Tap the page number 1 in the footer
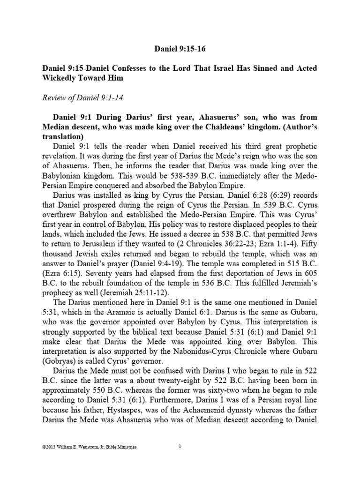pyautogui.click(x=180, y=447)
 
